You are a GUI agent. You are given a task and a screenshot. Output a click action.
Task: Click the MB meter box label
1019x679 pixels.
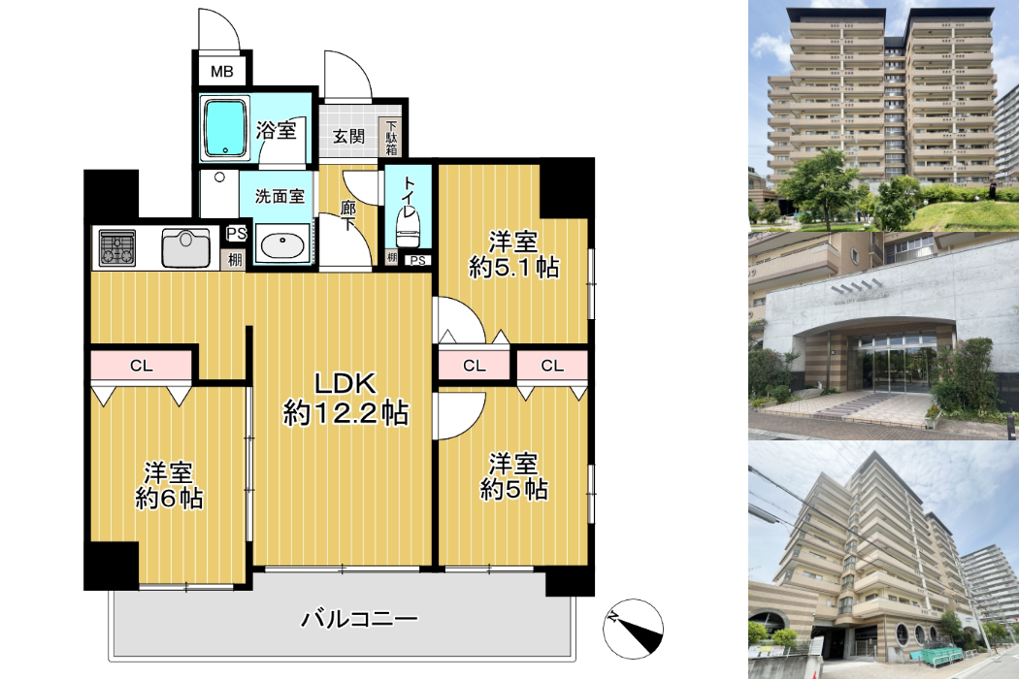click(221, 72)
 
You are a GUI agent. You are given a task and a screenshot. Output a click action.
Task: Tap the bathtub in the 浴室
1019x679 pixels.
click(225, 128)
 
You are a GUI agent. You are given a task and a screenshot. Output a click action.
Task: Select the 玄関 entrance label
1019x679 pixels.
click(348, 137)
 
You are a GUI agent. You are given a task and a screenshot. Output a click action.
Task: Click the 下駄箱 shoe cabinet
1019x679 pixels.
click(391, 137)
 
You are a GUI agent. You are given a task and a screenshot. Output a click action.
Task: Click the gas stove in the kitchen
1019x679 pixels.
click(117, 248)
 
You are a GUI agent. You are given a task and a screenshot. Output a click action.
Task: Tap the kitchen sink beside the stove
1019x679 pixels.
click(186, 248)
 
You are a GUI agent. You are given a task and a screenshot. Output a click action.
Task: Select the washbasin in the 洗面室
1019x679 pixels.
click(282, 243)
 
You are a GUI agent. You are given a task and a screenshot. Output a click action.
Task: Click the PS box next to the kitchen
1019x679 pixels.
click(237, 233)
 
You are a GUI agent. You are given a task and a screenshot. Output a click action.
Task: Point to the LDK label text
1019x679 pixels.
click(345, 383)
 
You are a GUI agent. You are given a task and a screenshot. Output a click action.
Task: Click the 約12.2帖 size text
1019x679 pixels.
click(345, 412)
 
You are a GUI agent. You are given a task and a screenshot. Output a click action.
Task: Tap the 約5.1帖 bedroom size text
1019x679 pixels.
click(514, 267)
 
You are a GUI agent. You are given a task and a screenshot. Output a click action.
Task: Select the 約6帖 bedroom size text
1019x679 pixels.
click(169, 499)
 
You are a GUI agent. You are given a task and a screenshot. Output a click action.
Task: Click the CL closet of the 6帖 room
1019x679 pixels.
click(142, 366)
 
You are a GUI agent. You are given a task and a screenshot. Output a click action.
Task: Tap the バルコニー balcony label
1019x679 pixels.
click(359, 619)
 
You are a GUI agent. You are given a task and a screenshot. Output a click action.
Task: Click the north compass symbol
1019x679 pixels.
click(634, 629)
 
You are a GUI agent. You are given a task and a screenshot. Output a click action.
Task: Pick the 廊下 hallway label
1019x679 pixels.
click(348, 216)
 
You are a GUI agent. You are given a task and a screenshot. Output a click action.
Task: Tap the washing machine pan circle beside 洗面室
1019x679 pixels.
click(219, 177)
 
